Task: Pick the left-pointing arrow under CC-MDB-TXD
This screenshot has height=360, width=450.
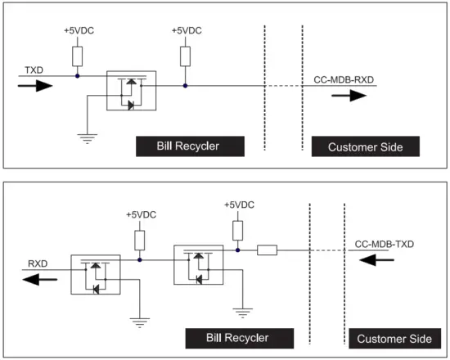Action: point(378,260)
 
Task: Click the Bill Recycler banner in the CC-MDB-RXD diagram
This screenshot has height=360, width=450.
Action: point(189,146)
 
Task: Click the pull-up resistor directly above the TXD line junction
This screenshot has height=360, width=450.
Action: point(77,56)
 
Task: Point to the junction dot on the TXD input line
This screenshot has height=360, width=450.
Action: point(77,76)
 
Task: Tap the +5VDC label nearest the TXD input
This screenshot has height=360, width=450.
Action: point(78,30)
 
